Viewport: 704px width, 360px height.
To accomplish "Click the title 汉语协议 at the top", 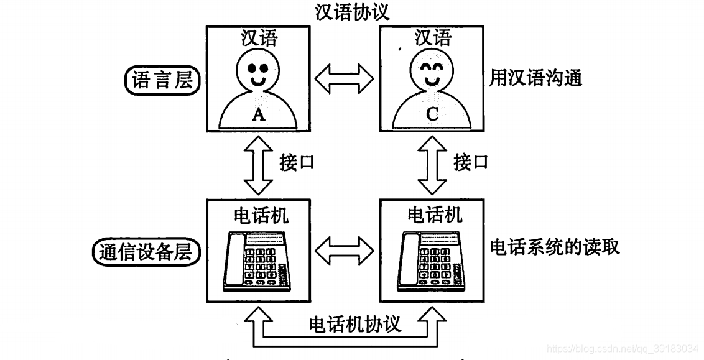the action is point(352,12).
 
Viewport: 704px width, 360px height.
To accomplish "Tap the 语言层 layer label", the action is point(162,81).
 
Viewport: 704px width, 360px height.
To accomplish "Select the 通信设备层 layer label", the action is point(146,252).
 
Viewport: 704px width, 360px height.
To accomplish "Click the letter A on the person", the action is point(258,115).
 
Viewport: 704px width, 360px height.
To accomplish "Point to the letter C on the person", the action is point(432,114).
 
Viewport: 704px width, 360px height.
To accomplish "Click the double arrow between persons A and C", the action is point(345,78).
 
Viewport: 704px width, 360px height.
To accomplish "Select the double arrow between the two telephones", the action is point(345,250).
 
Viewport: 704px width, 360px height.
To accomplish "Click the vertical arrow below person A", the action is point(258,165).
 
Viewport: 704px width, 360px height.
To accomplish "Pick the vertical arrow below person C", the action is point(432,165).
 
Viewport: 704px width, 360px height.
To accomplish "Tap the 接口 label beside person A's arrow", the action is point(296,162).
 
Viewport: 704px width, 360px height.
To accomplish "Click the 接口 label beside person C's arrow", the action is point(471,162).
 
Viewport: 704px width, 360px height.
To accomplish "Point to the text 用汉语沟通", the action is point(535,78).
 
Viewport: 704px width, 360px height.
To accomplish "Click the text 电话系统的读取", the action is point(555,247).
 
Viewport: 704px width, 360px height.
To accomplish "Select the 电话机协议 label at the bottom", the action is point(354,324).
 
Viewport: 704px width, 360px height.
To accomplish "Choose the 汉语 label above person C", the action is point(433,38).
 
